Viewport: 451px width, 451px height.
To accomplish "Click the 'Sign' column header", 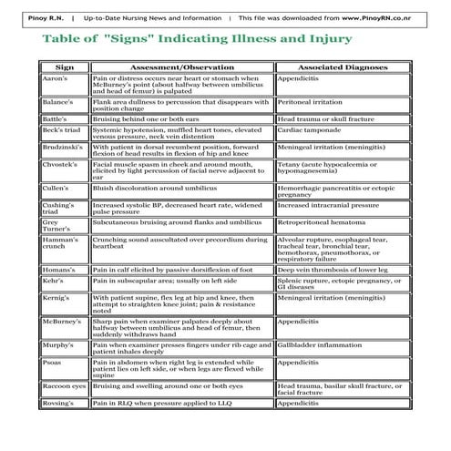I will click(x=64, y=67).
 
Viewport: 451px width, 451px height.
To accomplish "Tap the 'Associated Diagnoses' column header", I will click(x=343, y=67).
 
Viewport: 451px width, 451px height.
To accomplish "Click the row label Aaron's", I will click(x=54, y=79).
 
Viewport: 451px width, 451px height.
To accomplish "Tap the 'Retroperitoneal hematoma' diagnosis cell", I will click(x=325, y=221).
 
